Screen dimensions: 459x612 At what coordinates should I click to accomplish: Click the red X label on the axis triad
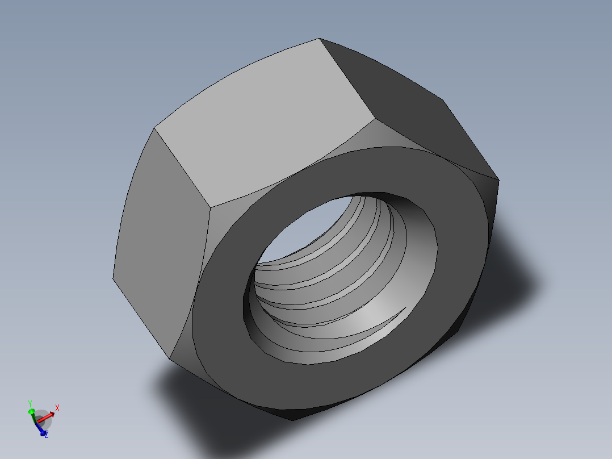[x=57, y=407]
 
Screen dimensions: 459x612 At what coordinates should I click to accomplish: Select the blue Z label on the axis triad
[x=47, y=435]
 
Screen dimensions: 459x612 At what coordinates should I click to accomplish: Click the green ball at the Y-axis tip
[x=32, y=411]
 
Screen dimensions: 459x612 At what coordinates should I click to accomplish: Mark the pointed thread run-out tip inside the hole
[x=404, y=308]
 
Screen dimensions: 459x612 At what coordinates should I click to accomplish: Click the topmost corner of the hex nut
[x=319, y=39]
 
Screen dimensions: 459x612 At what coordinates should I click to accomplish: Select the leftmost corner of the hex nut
[x=112, y=278]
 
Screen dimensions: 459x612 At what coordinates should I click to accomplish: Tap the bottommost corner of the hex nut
[x=292, y=420]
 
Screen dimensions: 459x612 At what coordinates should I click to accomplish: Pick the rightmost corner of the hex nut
[x=498, y=181]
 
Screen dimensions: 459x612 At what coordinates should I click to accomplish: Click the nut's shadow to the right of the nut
[x=511, y=273]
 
